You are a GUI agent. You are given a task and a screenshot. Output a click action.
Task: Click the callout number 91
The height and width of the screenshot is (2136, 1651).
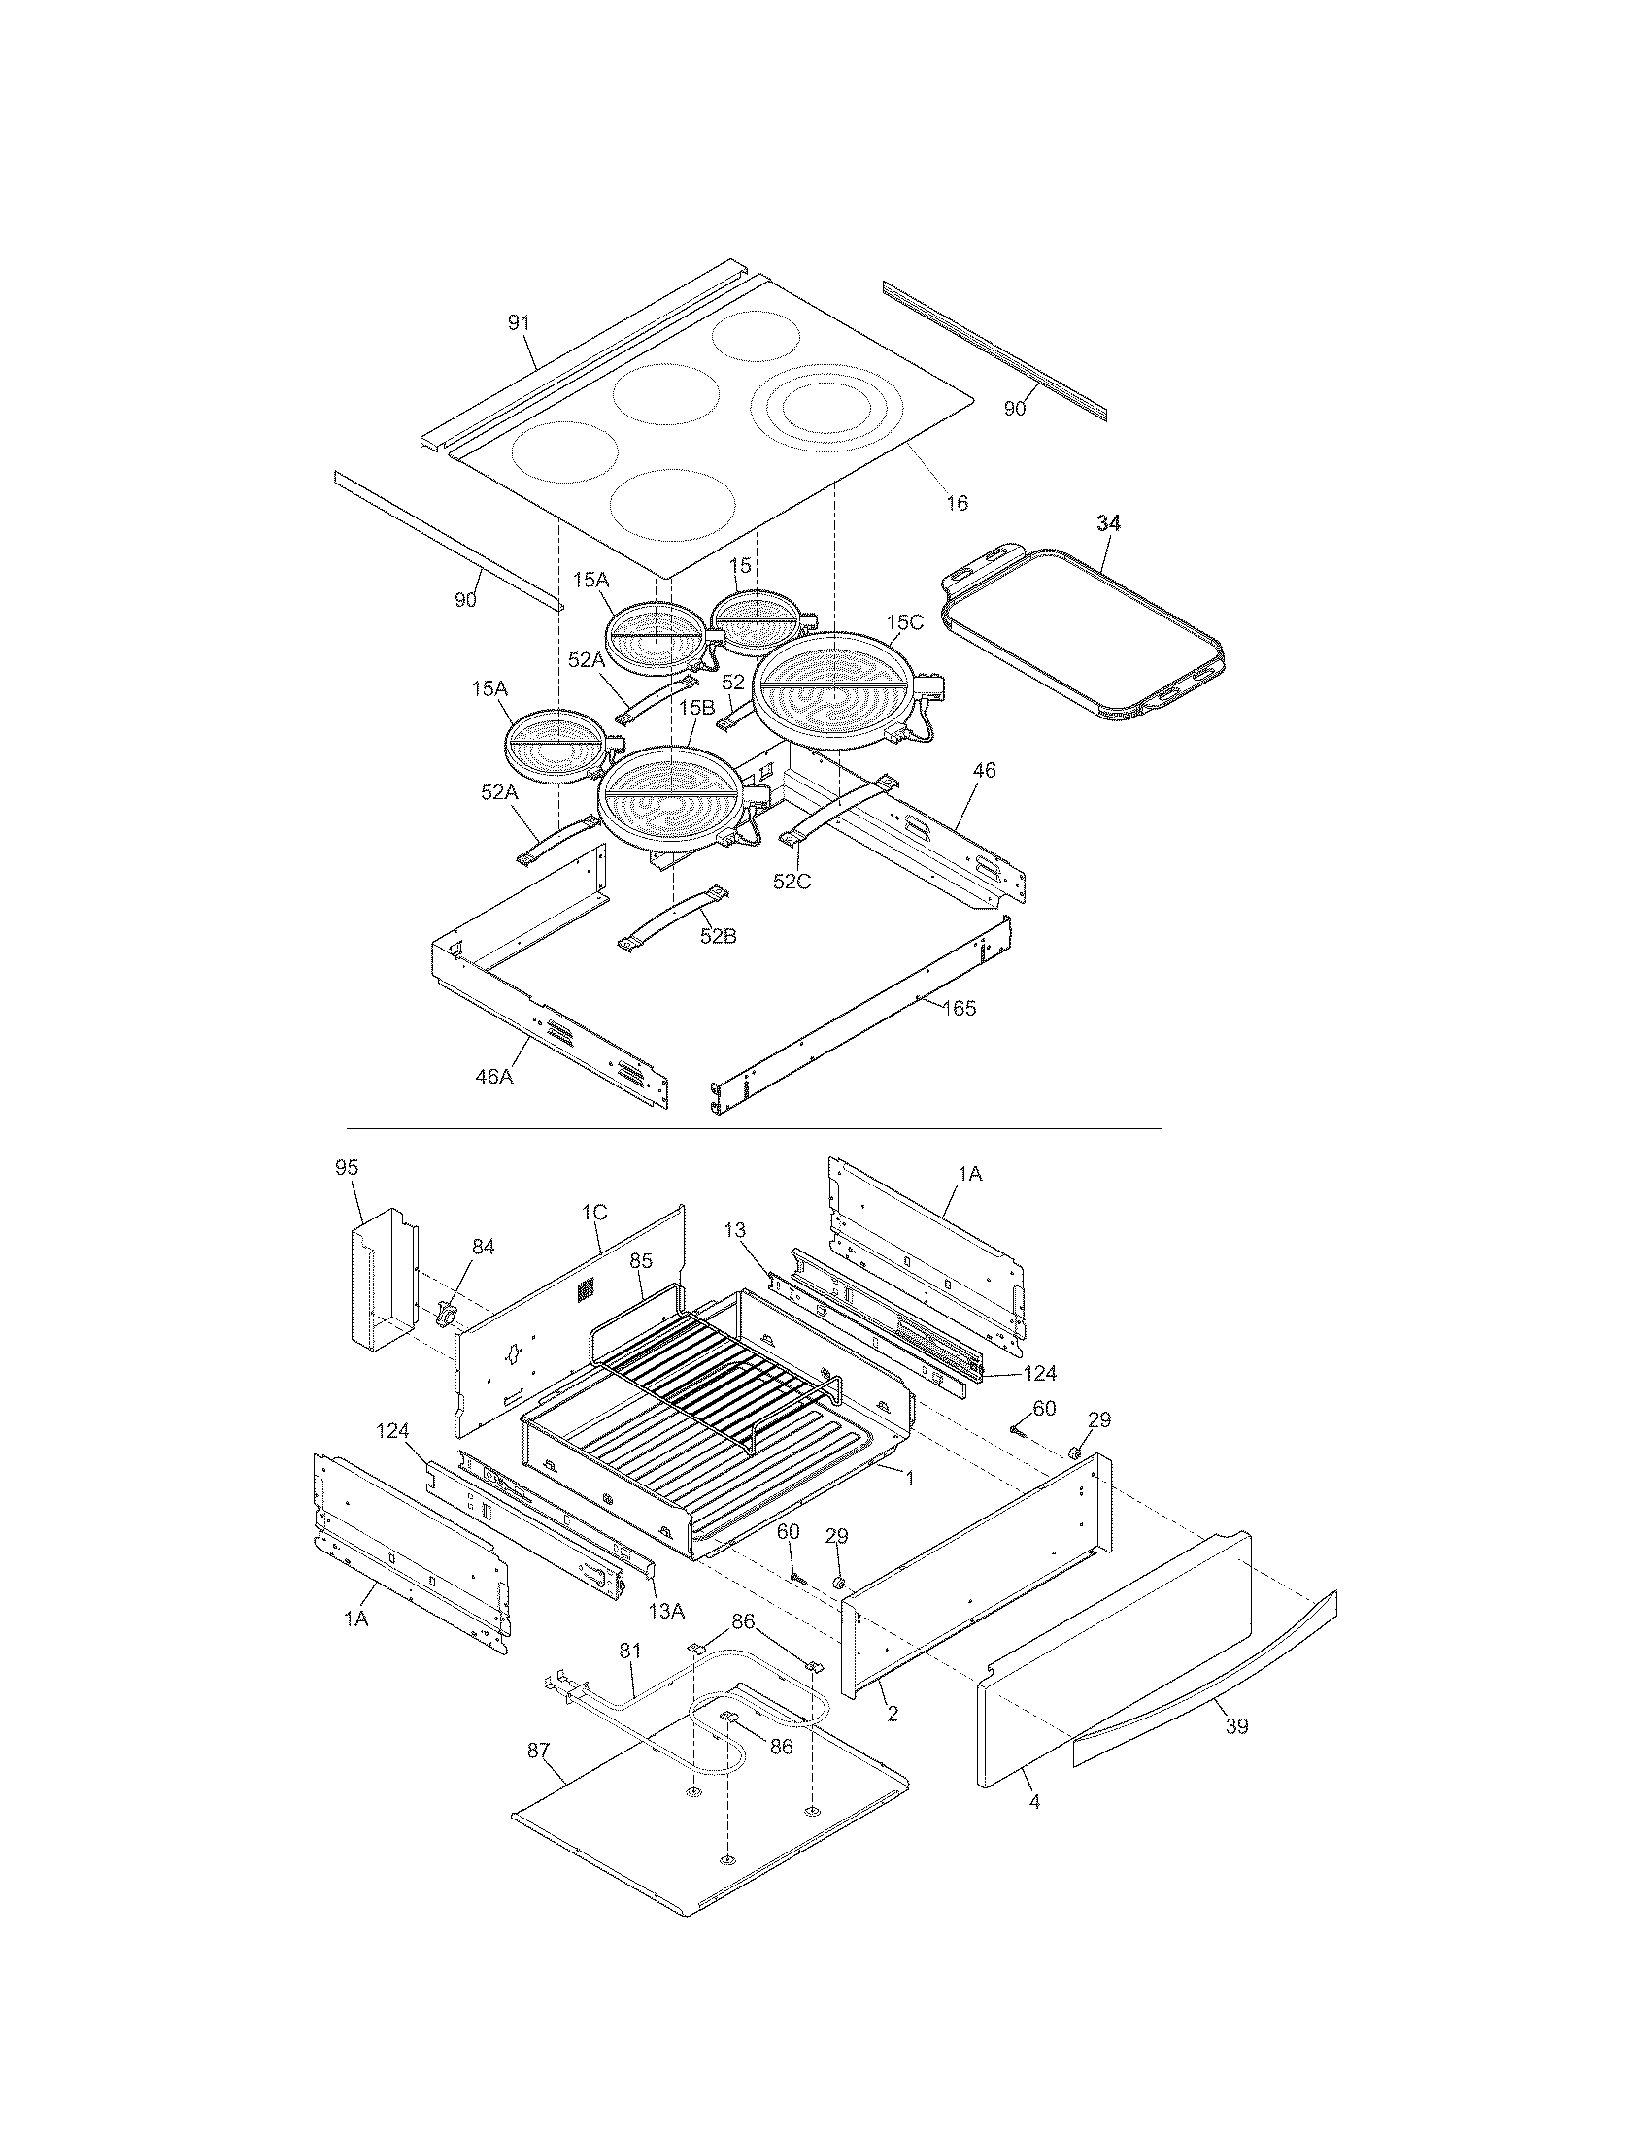click(519, 323)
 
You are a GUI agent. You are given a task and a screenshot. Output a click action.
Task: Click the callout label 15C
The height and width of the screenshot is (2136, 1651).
click(905, 622)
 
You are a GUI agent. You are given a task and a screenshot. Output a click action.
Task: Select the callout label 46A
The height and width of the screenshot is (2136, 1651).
click(494, 1077)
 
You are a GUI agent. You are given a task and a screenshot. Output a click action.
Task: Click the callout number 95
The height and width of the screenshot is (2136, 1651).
click(347, 1168)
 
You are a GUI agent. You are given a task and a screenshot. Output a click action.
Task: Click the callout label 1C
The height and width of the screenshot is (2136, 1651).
click(594, 1213)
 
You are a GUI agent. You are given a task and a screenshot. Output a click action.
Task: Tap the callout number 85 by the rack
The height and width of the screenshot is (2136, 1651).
click(641, 1261)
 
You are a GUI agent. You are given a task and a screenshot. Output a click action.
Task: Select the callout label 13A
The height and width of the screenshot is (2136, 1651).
click(665, 1611)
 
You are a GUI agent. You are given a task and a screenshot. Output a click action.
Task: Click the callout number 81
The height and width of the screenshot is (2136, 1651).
click(630, 1651)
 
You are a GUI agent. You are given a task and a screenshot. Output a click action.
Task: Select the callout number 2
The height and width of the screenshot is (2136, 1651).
click(892, 1714)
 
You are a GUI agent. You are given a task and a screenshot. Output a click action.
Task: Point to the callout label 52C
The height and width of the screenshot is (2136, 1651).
click(792, 882)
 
